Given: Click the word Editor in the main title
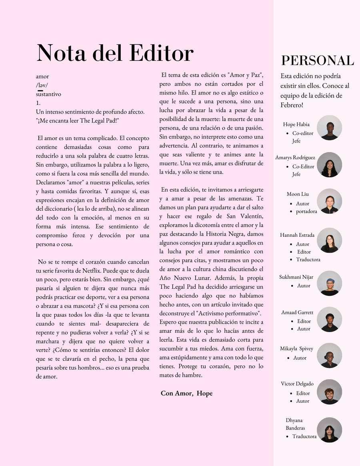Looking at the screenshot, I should [x=161, y=53].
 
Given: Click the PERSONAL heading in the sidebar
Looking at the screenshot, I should [x=317, y=60].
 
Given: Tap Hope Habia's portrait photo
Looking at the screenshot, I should [x=329, y=128].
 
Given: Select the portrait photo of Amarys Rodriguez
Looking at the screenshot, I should [x=329, y=164].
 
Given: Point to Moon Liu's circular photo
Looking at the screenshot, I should [x=329, y=201].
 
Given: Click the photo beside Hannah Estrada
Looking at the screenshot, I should [x=329, y=240].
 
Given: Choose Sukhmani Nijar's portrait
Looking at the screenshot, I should [x=329, y=283].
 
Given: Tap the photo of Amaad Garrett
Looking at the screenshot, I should [x=329, y=319].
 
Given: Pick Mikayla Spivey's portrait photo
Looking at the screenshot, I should [x=329, y=355].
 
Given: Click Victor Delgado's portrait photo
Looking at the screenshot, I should [x=329, y=392].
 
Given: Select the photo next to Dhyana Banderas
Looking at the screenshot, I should [x=329, y=430].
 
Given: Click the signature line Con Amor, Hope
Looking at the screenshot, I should [x=186, y=393].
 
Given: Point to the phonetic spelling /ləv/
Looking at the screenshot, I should [x=42, y=85].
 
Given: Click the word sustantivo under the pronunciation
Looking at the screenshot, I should [x=48, y=94].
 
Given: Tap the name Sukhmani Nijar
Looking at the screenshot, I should [x=296, y=277].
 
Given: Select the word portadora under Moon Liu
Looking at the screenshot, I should [x=306, y=211].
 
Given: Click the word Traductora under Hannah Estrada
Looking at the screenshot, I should [x=308, y=260].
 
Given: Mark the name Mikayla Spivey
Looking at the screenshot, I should [x=296, y=348].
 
